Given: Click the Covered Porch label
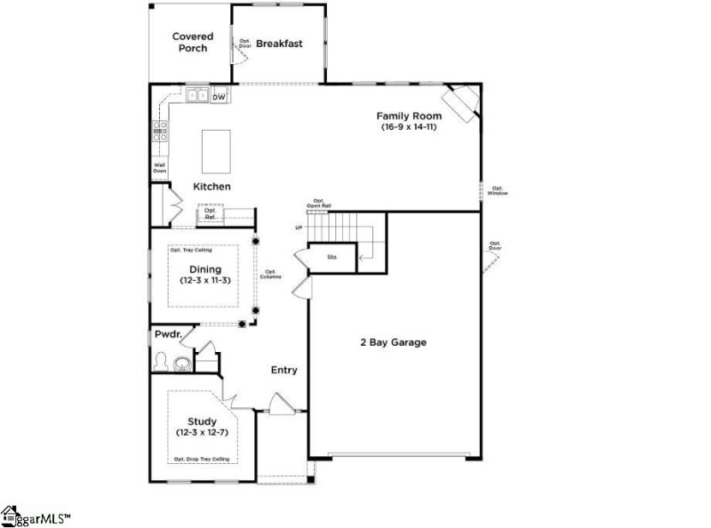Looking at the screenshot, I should (x=192, y=42).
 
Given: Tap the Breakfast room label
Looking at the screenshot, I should (x=280, y=43).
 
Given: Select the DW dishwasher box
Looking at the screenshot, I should (x=219, y=96).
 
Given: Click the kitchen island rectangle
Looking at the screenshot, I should (x=216, y=151).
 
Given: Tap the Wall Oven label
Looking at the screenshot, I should (x=160, y=167).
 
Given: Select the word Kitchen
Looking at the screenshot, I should (x=212, y=187).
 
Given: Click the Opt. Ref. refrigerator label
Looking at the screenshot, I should (x=211, y=213).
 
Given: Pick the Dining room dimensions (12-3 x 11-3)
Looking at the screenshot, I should (x=205, y=281).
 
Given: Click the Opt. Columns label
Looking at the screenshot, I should (x=271, y=275).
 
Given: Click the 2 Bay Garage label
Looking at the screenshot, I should (x=393, y=342).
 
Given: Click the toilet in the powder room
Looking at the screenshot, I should (x=162, y=361).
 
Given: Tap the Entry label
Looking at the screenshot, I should (x=284, y=370).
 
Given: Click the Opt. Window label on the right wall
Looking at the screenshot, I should (x=498, y=190).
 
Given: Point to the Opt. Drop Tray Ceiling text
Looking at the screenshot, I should (x=201, y=459).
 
